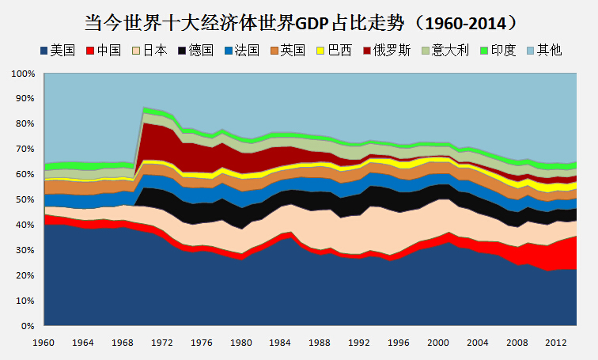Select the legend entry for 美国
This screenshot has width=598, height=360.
[56, 51]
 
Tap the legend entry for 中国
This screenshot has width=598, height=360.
[103, 51]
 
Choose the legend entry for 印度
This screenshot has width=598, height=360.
[497, 51]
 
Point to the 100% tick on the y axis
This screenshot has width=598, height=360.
[23, 74]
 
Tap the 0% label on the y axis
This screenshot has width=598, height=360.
[28, 326]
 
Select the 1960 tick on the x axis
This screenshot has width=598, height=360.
[44, 343]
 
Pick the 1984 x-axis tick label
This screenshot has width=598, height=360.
[280, 343]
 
